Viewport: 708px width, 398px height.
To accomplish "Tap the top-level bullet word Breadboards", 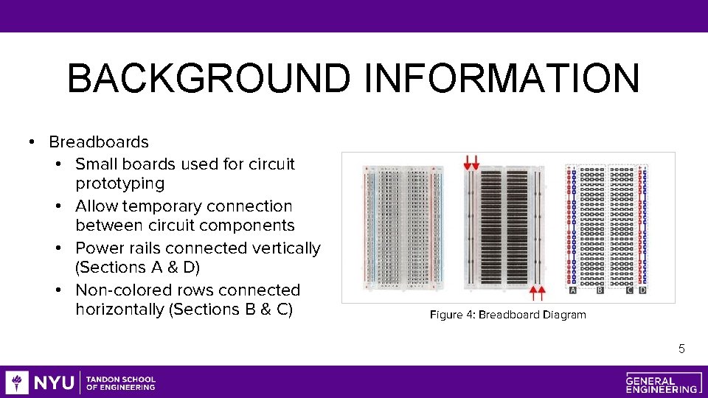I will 99,142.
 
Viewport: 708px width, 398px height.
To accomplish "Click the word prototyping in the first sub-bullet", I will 119,183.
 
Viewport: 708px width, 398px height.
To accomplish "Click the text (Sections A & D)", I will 137,267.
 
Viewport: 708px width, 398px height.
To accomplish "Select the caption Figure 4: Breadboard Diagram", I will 507,315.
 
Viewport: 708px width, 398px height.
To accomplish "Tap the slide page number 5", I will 681,349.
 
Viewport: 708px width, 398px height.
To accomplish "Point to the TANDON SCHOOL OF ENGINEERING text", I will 121,383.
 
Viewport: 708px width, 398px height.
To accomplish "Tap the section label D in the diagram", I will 642,291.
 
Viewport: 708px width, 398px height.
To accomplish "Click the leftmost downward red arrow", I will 467,161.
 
